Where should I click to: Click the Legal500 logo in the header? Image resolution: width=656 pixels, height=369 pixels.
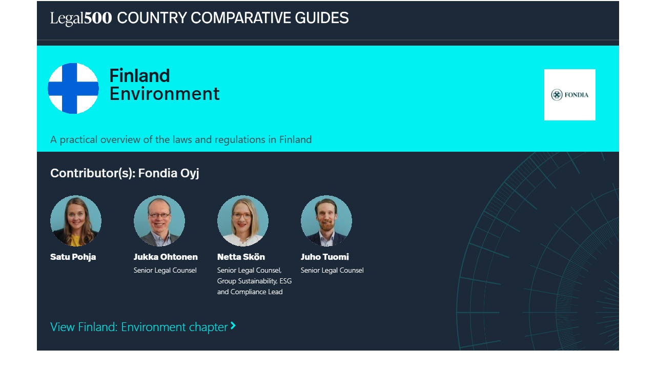pos(81,18)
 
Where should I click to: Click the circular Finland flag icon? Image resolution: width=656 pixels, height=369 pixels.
pos(73,88)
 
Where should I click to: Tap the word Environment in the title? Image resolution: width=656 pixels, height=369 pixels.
pos(165,94)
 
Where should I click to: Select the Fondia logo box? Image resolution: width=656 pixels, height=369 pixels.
pos(569,95)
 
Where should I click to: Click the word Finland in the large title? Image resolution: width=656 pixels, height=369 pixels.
pos(139,75)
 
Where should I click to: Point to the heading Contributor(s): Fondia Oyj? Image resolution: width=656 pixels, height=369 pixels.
pos(125,173)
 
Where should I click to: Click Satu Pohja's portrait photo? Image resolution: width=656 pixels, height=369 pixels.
pos(76,221)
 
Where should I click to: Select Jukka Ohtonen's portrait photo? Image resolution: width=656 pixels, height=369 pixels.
pos(159,221)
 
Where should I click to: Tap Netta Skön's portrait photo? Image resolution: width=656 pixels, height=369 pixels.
pos(243,221)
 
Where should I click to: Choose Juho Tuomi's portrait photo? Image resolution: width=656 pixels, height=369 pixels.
pos(326,221)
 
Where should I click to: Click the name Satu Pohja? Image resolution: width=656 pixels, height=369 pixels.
pos(73,257)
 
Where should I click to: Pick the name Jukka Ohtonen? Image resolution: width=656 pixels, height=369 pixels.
pos(166,257)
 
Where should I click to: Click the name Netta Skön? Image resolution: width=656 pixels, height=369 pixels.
pos(241,257)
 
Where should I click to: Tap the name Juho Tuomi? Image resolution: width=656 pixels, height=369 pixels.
pos(325,257)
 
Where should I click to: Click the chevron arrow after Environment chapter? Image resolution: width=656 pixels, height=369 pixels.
pos(233,325)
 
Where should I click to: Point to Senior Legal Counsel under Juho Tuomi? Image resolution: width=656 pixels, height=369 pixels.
pos(332,270)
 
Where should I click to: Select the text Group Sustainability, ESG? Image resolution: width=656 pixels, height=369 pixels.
pos(254,281)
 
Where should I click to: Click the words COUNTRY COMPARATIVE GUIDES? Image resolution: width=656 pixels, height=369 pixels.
pos(233,18)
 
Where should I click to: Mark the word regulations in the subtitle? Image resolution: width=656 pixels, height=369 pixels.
pos(240,140)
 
